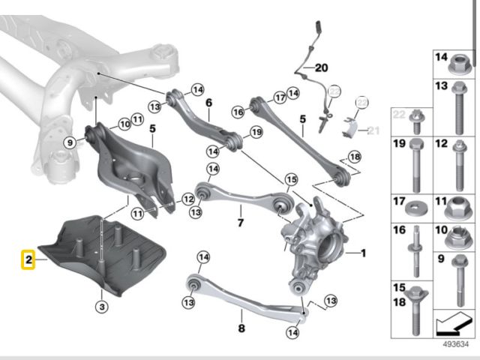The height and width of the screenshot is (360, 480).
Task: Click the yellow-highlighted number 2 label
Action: point(28,261)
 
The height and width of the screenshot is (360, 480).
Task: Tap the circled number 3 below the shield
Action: point(102,305)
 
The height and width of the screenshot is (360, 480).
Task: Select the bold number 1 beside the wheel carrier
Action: point(364,253)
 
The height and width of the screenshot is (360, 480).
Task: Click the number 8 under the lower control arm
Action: point(241,328)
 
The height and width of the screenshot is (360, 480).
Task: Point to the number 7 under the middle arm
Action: point(240,223)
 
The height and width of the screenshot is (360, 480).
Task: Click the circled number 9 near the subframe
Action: point(69,141)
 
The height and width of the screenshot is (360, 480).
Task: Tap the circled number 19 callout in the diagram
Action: point(256,133)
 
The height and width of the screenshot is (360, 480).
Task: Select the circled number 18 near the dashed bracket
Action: point(354,155)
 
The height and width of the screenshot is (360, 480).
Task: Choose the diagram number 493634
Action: point(452,346)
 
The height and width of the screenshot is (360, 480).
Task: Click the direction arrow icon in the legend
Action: point(451,323)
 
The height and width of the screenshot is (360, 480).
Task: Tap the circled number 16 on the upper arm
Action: point(238,112)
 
